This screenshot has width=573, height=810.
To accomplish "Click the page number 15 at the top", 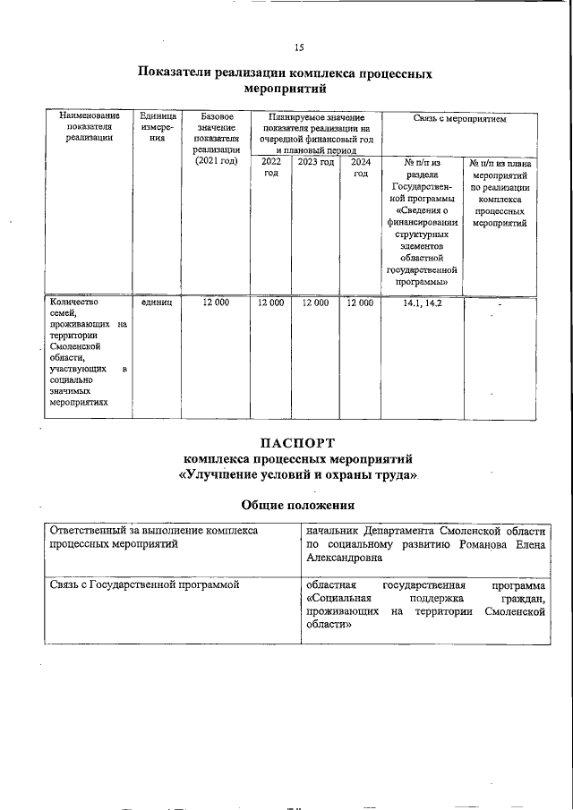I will coord(299,47).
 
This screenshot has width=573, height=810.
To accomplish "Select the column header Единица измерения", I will coord(158,127).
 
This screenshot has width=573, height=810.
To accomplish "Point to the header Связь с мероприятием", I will coord(459,117).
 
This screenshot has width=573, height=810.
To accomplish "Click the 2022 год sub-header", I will coord(270,167).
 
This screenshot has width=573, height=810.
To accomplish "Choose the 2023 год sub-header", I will coord(315,162).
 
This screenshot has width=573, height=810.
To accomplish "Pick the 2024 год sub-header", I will coord(360,167).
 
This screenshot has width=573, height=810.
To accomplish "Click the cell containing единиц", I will coord(157,303).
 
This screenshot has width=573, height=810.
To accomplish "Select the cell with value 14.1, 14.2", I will coord(422,303).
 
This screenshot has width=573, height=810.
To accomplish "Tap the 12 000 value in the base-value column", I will coord(215,303).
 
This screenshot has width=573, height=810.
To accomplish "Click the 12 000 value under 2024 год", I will coord(359,303).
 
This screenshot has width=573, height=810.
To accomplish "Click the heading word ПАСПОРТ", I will coord(298,442).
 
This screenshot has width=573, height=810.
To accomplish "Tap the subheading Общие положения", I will coord(298,506).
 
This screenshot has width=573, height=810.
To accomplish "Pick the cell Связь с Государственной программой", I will coord(144,584).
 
